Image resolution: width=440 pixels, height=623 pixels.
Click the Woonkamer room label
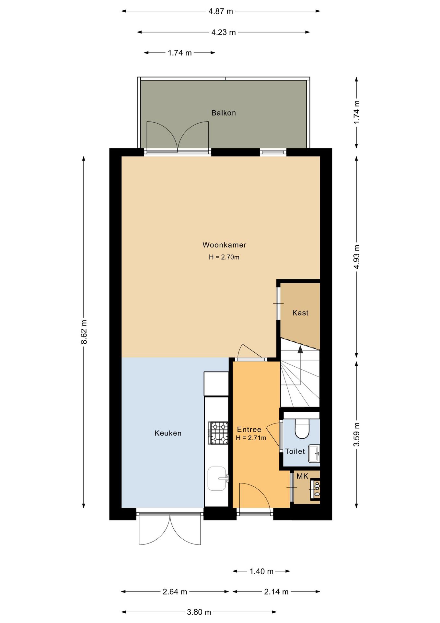pos(224,245)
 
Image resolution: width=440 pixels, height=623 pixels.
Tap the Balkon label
pos(224,113)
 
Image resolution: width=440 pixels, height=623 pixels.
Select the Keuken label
pos(168,433)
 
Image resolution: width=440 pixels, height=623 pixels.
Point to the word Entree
pos(249,430)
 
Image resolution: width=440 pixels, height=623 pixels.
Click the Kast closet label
pos(300,313)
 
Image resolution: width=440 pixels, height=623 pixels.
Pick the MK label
pos(302,476)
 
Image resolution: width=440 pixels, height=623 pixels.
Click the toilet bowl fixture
pos(302,428)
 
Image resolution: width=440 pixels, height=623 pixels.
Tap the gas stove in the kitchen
pos(218,433)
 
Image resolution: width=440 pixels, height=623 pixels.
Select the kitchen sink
pos(217,479)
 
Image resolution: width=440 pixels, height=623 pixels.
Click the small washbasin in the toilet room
pos(314,453)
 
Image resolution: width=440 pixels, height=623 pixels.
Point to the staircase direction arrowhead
pos(300,349)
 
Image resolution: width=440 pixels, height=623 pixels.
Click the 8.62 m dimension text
pos(84,332)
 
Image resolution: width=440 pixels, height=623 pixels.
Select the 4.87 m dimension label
pos(221,11)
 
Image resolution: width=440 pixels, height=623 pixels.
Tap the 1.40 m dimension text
pos(261,571)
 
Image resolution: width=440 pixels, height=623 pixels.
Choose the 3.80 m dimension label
pos(199,612)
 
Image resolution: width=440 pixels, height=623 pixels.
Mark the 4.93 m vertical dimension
pos(356,257)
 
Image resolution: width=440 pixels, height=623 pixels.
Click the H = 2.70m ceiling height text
pos(224,257)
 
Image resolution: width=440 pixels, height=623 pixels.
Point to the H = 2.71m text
pos(251,438)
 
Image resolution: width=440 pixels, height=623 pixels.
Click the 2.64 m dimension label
pos(175,592)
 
